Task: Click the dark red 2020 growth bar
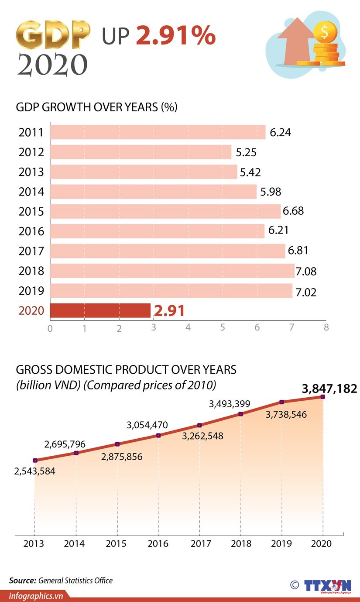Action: pyautogui.click(x=100, y=310)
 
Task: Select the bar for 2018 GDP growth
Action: pyautogui.click(x=172, y=271)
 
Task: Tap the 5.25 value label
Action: pyautogui.click(x=246, y=152)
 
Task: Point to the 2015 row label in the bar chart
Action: pyautogui.click(x=31, y=212)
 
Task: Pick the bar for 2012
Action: pyautogui.click(x=141, y=152)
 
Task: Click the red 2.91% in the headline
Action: pyautogui.click(x=176, y=36)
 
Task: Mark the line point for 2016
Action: pyautogui.click(x=158, y=435)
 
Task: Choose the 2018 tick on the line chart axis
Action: pyautogui.click(x=241, y=544)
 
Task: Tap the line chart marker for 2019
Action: pyautogui.click(x=281, y=402)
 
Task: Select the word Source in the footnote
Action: pyautogui.click(x=22, y=580)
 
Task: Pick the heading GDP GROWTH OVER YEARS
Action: pyautogui.click(x=96, y=107)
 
